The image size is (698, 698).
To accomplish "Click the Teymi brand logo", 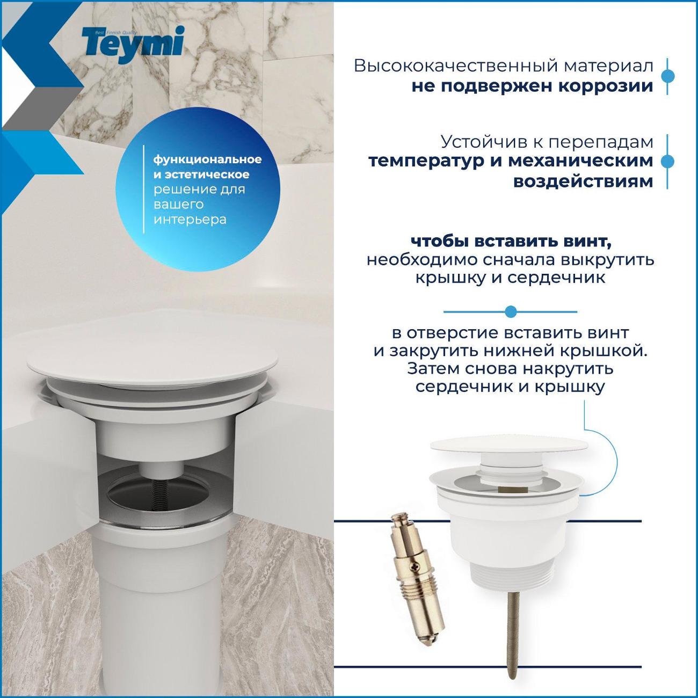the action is coord(133,45).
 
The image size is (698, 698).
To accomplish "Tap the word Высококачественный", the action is coord(455,66).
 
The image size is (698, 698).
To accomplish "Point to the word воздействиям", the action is coord(583,181).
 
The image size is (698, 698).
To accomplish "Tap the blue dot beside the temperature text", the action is coord(667,162).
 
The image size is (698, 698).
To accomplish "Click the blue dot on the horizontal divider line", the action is coord(511,311).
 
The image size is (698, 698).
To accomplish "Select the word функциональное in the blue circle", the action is coord(208,160).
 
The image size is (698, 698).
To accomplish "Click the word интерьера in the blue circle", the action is coord(190,220).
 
